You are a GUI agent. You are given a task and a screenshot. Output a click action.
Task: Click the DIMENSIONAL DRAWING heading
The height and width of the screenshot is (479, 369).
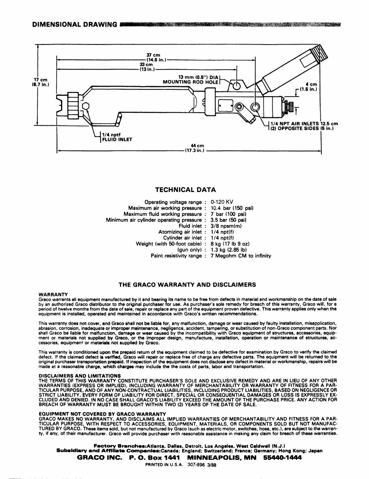point(74,24)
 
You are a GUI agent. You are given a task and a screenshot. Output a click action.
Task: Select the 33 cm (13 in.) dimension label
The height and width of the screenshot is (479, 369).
point(146,67)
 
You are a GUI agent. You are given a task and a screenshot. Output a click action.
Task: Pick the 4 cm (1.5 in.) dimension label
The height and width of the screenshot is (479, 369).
point(307,87)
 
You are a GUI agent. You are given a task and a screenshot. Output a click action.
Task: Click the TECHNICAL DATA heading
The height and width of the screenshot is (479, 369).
point(185,190)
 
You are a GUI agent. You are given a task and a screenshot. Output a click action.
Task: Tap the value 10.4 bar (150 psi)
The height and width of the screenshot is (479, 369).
point(232,208)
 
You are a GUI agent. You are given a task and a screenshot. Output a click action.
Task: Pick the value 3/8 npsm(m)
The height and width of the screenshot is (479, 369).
point(226,226)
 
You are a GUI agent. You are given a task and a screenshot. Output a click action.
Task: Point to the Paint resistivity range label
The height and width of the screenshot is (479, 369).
point(176,256)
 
